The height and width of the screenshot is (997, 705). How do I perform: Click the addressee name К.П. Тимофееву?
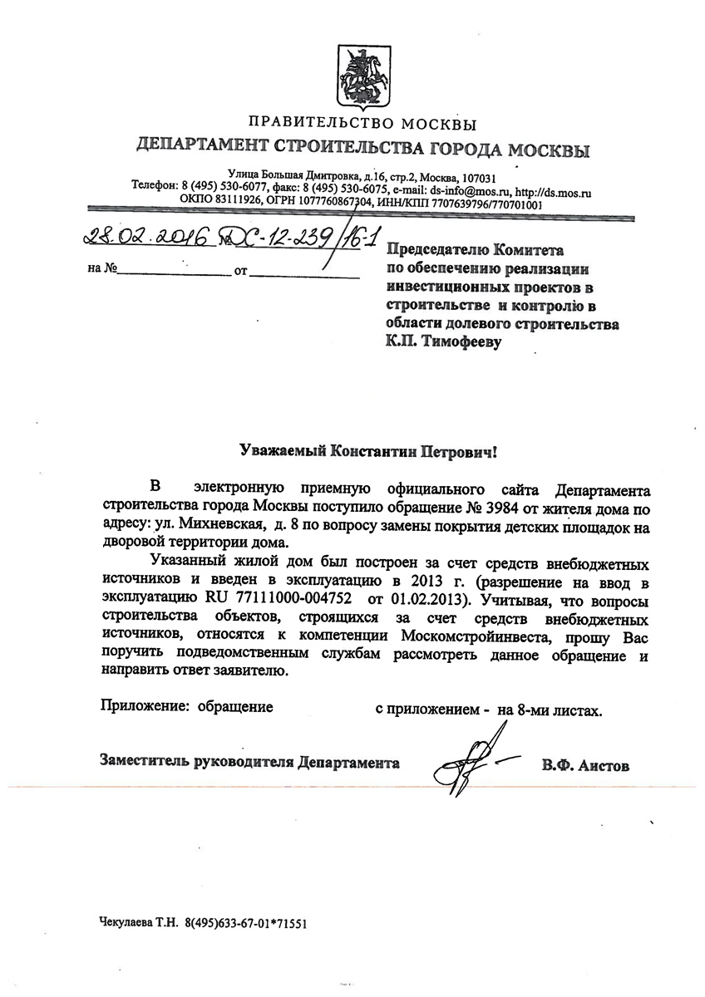[449, 341]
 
